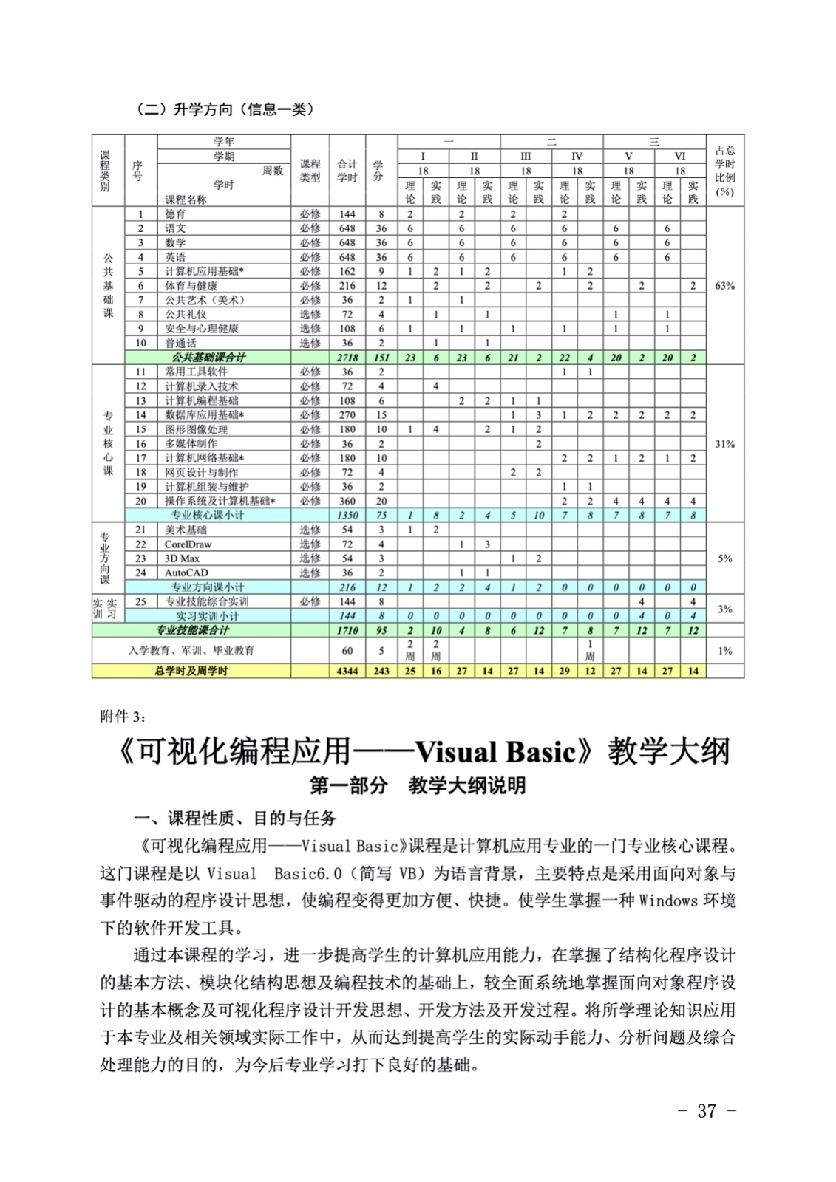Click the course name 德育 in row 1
tap(175, 214)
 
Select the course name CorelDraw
tap(188, 544)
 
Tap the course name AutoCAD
tap(186, 573)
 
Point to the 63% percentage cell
tap(725, 286)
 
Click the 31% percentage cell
tap(725, 444)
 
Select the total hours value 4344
tap(347, 672)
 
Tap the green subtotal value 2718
tap(347, 358)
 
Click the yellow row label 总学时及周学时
tap(191, 672)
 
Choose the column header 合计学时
tap(347, 170)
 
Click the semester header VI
tap(680, 156)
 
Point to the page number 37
tap(707, 1110)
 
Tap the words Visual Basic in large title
tap(495, 752)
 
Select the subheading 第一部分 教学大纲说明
tap(418, 786)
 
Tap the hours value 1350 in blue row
tap(347, 516)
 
